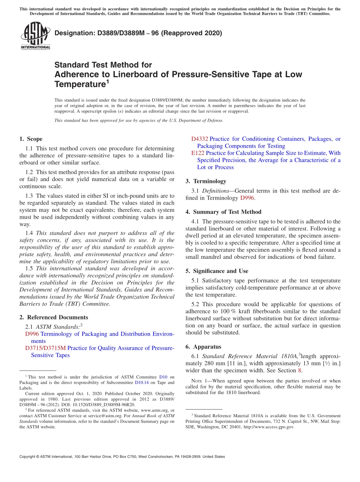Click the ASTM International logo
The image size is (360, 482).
(35, 36)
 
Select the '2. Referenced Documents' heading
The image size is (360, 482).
(53, 318)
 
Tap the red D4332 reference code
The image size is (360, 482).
(199, 139)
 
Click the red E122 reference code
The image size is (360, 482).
(198, 153)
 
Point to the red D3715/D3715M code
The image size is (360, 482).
(45, 348)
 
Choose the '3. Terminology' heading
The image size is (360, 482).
(206, 182)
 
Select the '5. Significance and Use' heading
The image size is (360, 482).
(217, 271)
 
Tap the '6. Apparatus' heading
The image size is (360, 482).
(203, 347)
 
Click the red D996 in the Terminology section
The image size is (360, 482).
(247, 198)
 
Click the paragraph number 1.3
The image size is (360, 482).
(29, 196)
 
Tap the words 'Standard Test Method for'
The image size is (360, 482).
(103, 65)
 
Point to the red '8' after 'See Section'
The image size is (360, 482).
(301, 371)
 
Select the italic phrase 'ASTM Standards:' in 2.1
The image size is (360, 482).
(58, 327)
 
